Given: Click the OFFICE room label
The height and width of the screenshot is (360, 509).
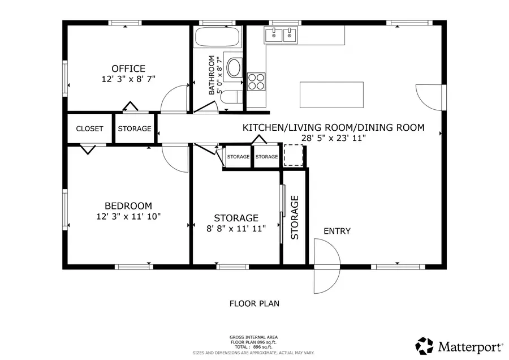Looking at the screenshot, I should tap(128, 68).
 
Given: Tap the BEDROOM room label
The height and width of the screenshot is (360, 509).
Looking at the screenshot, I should tap(128, 205).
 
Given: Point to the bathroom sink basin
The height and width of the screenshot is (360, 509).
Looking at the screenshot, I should tap(234, 67).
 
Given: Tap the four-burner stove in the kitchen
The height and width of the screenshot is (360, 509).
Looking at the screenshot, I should tap(256, 81).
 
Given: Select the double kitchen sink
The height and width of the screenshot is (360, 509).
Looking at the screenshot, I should tap(281, 35).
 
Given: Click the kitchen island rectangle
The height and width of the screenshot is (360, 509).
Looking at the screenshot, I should tap(331, 95).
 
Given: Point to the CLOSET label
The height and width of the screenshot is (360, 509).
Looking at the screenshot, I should tap(89, 128).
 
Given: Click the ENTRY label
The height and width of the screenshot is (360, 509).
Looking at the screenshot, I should tap(337, 231).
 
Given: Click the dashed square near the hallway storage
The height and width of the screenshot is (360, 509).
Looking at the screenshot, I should tap(294, 156).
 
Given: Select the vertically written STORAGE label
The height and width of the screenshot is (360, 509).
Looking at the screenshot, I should tap(295, 217).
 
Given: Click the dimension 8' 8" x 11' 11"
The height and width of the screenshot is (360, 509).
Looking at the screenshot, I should tap(236, 228).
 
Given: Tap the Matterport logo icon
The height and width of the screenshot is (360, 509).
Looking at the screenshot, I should tap(425, 345).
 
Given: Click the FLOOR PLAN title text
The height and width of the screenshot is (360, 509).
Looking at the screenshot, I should tap(254, 303).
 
